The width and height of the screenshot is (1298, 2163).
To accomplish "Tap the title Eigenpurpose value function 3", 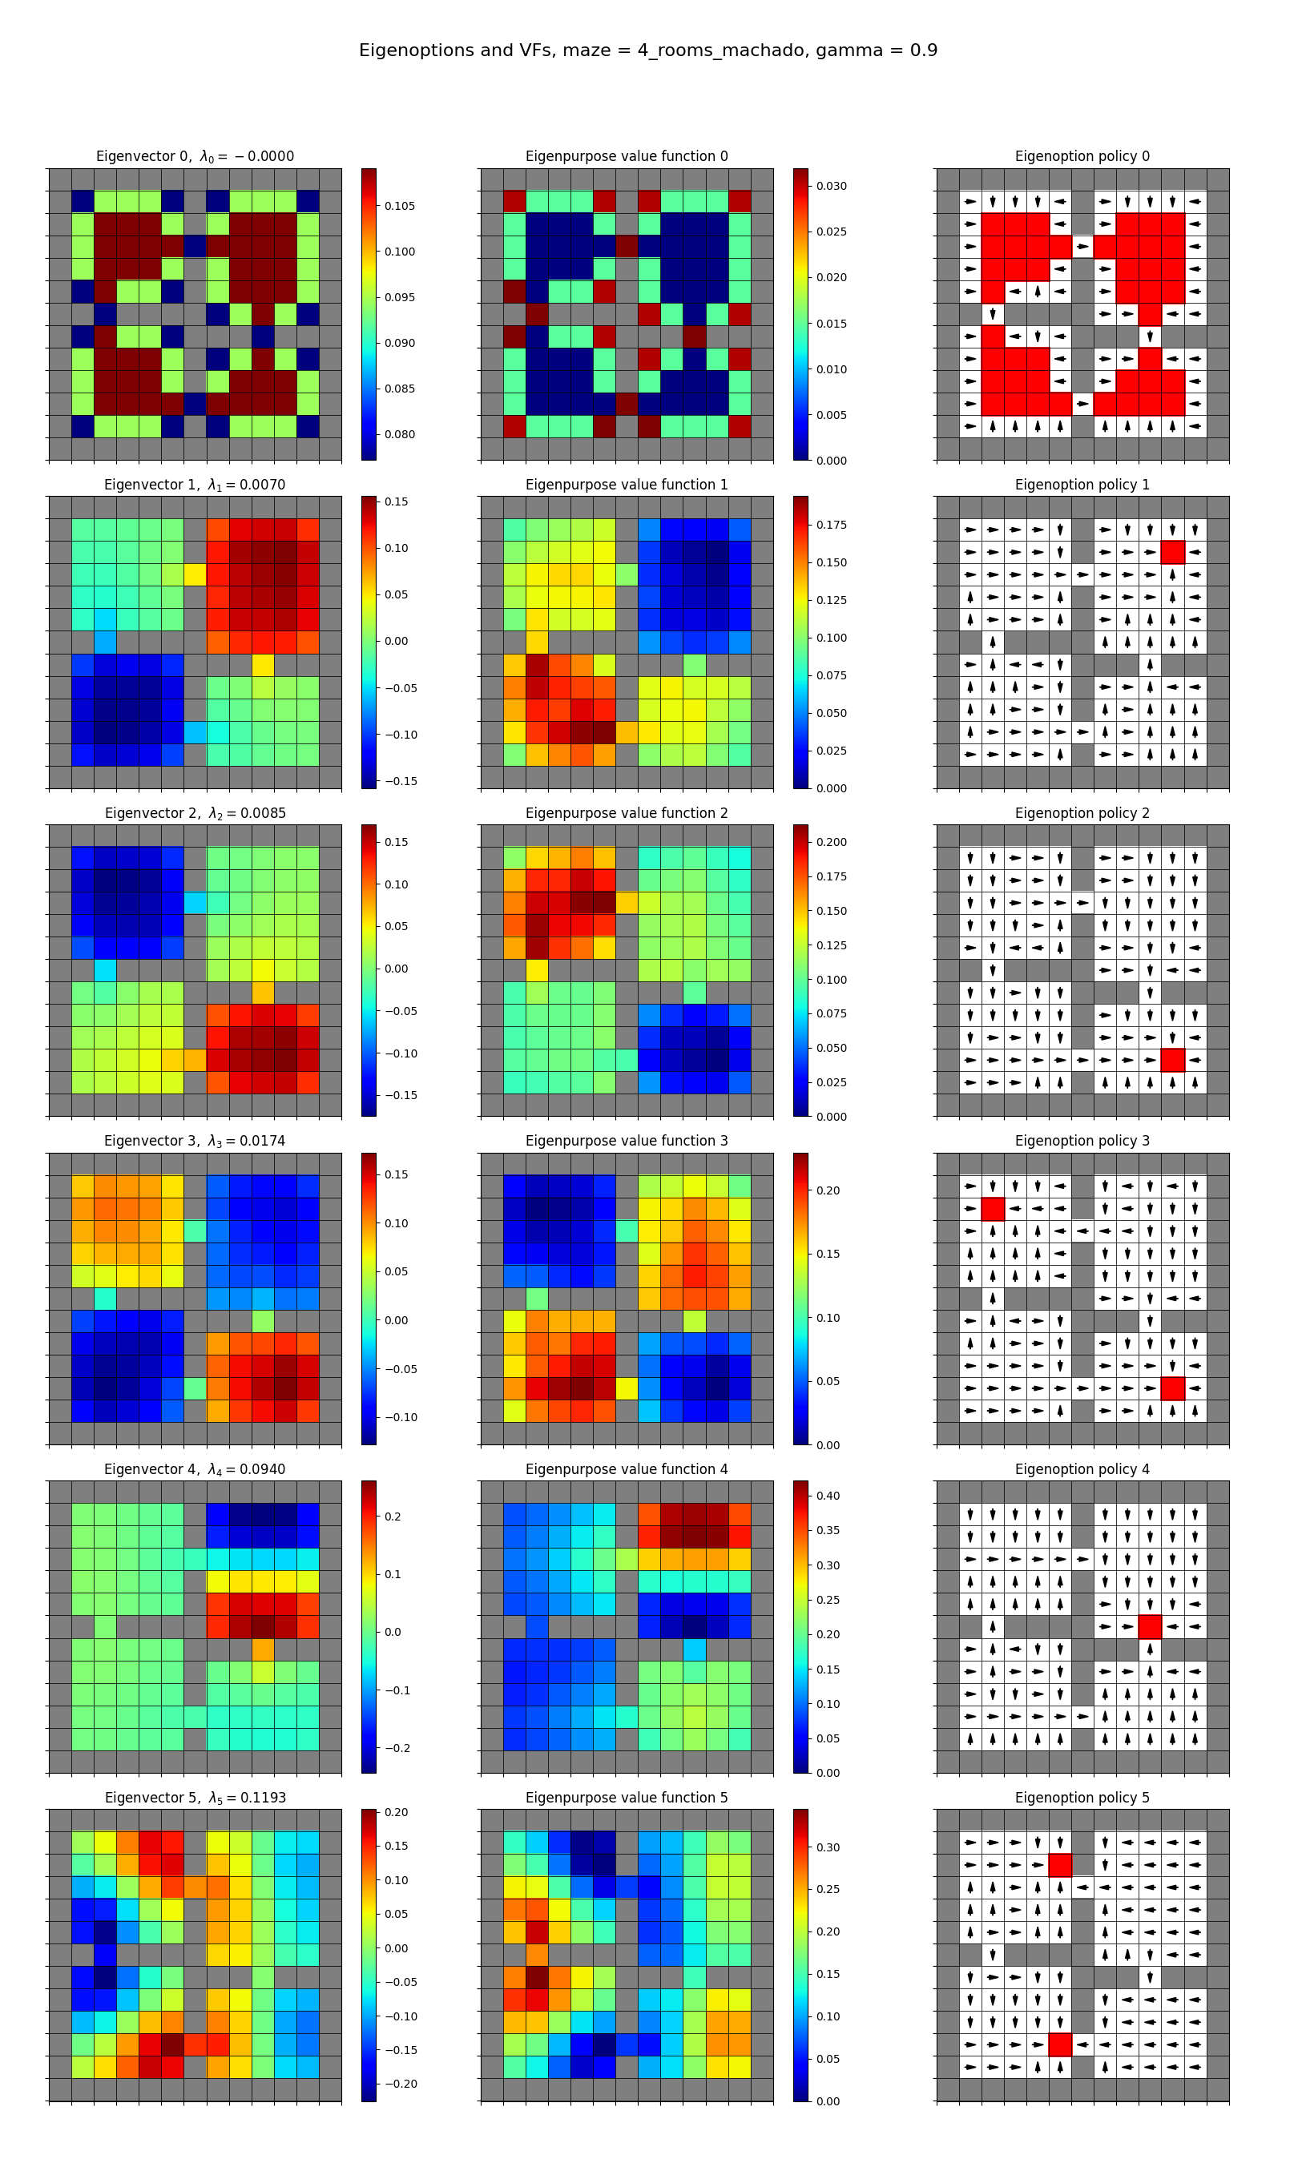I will (627, 1141).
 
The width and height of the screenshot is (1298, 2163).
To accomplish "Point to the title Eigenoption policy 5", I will (1082, 1798).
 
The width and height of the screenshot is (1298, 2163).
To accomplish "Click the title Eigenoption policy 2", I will (1082, 813).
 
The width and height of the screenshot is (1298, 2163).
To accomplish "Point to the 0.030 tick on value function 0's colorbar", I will (831, 186).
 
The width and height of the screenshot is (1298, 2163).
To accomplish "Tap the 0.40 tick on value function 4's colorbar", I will (828, 1496).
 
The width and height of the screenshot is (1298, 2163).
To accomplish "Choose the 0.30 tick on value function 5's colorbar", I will (828, 1847).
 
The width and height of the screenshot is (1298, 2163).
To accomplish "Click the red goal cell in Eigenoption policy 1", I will (1172, 552).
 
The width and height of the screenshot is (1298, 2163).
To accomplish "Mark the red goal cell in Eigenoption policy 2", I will (1172, 1061).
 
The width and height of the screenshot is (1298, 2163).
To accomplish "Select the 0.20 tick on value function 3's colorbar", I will (828, 1190).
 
